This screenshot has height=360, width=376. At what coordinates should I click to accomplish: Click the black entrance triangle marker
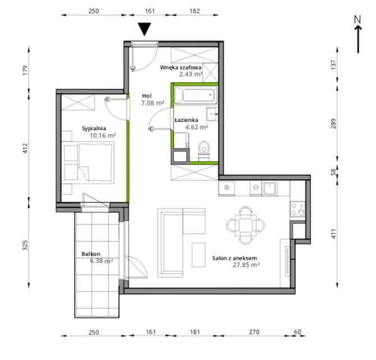tap(145, 29)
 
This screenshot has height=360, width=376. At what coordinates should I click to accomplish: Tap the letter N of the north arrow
tap(357, 19)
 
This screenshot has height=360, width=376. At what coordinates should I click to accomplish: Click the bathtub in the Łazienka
tap(196, 95)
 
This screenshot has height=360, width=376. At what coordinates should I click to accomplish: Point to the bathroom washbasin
tap(212, 114)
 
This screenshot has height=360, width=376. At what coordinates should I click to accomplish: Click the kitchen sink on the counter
tap(270, 188)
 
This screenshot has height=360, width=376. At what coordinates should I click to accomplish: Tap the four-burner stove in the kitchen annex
tap(297, 209)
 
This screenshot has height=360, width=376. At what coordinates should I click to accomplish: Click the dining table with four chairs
tap(246, 225)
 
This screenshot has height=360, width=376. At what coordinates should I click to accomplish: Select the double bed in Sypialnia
tap(88, 163)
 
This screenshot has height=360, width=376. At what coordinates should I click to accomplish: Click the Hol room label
tap(147, 96)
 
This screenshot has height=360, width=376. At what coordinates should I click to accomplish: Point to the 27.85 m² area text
tap(246, 265)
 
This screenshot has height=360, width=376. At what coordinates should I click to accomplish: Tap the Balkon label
tap(91, 254)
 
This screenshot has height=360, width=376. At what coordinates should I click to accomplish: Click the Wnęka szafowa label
tap(181, 67)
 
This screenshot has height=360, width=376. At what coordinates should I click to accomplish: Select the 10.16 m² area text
tap(103, 135)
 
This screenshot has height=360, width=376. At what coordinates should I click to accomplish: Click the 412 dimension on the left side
tap(25, 148)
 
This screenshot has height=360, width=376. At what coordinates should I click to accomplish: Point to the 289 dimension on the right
tap(333, 124)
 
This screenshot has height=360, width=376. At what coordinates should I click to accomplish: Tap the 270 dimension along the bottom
tap(254, 332)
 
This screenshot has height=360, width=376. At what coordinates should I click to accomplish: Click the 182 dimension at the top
tap(195, 11)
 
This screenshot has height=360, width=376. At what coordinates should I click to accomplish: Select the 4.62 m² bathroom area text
tap(196, 127)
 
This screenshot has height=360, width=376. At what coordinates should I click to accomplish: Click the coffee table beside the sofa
tap(199, 255)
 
